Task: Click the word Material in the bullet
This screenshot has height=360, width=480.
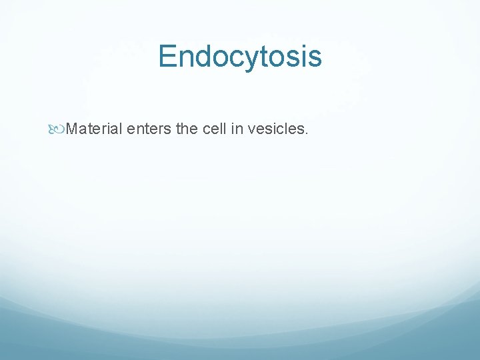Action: tap(95, 128)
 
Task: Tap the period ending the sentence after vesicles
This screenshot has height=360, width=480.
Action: tap(306, 132)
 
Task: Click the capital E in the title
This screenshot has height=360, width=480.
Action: tap(168, 57)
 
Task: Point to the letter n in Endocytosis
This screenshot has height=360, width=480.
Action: tap(187, 59)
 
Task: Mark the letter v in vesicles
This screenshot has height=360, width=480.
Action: tap(251, 129)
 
